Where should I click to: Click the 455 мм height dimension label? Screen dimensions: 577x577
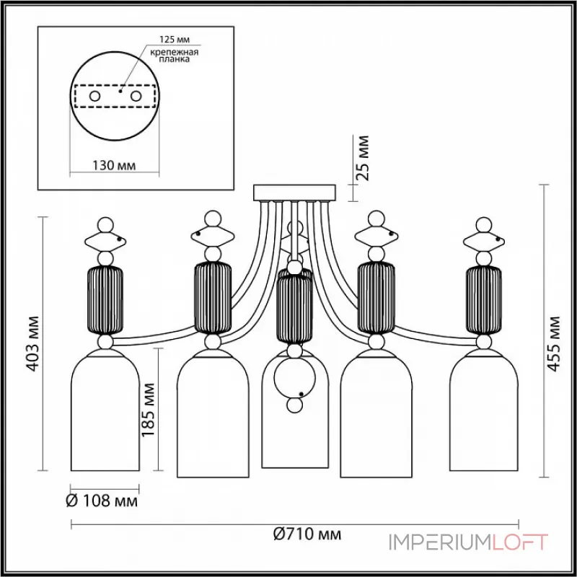[552, 343]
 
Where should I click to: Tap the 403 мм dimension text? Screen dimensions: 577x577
[33, 343]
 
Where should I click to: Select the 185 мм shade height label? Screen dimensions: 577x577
[149, 409]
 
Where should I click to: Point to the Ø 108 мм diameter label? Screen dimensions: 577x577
[102, 501]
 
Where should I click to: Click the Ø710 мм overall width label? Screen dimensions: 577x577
[307, 534]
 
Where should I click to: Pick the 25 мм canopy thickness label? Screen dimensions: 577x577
[363, 157]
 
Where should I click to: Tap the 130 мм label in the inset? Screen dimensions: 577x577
[114, 165]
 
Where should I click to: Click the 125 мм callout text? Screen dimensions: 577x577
[175, 40]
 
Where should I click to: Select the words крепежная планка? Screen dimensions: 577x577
[175, 56]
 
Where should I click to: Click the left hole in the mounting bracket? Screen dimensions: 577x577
[94, 97]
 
